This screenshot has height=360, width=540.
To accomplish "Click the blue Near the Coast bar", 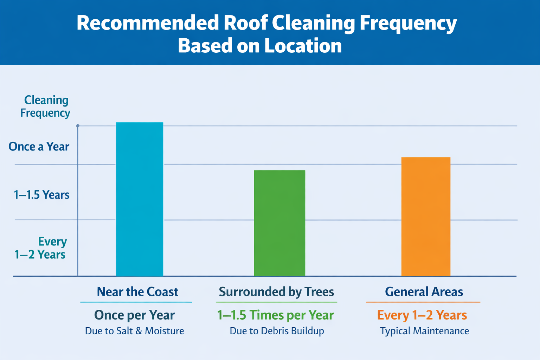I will [x=140, y=199].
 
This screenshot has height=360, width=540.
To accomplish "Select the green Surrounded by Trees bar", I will [x=279, y=223].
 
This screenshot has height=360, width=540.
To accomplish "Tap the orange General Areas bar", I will [x=426, y=217].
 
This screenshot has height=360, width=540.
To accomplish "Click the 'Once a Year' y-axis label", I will [x=39, y=147].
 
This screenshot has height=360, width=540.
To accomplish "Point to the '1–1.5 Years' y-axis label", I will [x=41, y=195].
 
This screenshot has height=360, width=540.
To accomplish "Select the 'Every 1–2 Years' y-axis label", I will [x=40, y=248].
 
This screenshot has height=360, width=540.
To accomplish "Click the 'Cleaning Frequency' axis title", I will [x=45, y=107].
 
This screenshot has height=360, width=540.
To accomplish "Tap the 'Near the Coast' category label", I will [x=137, y=292].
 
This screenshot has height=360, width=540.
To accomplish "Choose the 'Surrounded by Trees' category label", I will [x=276, y=292].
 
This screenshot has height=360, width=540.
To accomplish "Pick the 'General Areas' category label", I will [x=424, y=292].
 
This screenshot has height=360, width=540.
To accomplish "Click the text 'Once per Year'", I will [x=134, y=315].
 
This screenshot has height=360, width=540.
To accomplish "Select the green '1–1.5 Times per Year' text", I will [x=276, y=315].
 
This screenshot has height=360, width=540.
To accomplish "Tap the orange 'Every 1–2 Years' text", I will [x=422, y=315].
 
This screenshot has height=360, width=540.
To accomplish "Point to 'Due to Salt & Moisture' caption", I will [x=134, y=331].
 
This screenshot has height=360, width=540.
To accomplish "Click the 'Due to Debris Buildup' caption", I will [x=277, y=331].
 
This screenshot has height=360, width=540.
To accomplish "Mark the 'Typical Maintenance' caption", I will [x=424, y=331].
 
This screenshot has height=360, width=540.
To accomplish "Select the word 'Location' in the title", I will [x=303, y=46].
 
